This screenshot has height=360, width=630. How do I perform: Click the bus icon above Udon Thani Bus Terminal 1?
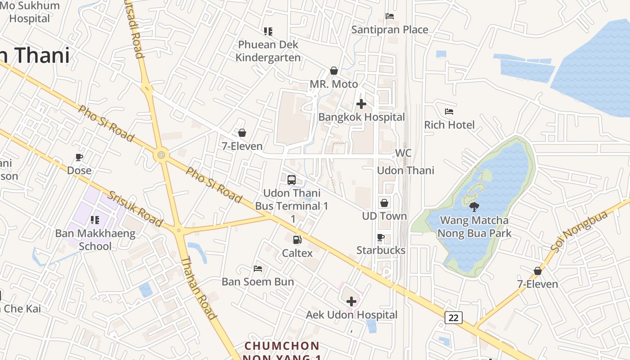pyautogui.click(x=292, y=180)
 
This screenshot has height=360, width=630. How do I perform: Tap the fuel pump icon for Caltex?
pyautogui.click(x=297, y=240)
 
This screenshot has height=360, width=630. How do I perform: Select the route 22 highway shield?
pyautogui.click(x=453, y=318)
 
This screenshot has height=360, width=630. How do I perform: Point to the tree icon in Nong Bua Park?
pyautogui.click(x=474, y=207)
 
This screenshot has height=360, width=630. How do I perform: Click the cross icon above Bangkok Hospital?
pyautogui.click(x=361, y=104)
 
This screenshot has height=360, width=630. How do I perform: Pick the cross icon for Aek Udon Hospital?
pyautogui.click(x=351, y=301)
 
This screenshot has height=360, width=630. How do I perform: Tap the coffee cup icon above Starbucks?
pyautogui.click(x=381, y=237)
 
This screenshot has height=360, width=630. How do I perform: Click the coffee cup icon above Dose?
pyautogui.click(x=79, y=157)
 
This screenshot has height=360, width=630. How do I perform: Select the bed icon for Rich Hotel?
pyautogui.click(x=449, y=112)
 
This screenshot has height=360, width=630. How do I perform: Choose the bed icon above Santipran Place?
pyautogui.click(x=390, y=16)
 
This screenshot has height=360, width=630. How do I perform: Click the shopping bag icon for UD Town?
pyautogui.click(x=384, y=203)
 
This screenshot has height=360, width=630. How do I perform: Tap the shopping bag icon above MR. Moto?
pyautogui.click(x=334, y=71)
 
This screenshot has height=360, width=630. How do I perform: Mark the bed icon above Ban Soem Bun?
pyautogui.click(x=258, y=269)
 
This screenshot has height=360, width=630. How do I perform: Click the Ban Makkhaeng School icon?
pyautogui.click(x=94, y=220)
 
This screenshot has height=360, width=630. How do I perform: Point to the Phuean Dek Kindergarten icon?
pyautogui.click(x=268, y=31)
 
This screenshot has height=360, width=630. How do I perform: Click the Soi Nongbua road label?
pyautogui.click(x=579, y=231)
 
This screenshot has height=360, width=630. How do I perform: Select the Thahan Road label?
pyautogui.click(x=198, y=288)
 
